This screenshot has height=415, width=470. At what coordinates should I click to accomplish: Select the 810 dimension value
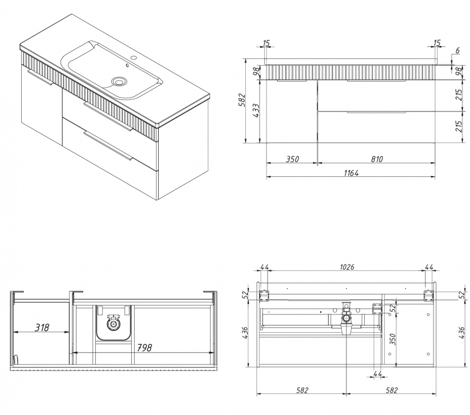tap(376, 159)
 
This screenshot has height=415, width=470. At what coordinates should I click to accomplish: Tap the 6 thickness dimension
tap(456, 51)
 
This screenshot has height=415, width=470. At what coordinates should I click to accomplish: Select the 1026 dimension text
tap(346, 267)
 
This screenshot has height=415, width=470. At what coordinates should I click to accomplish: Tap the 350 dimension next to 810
tap(292, 159)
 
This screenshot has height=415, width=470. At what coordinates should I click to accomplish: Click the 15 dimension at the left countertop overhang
tap(266, 43)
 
